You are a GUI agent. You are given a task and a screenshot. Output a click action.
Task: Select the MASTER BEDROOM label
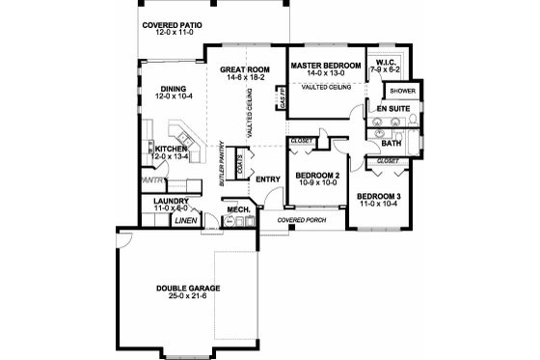pyautogui.click(x=327, y=65)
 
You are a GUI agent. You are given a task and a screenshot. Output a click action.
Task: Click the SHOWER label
pyautogui.click(x=401, y=92)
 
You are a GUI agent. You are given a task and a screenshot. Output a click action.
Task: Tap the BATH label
pyautogui.click(x=391, y=143)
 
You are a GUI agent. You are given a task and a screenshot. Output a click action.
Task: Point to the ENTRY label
pyautogui.click(x=267, y=179)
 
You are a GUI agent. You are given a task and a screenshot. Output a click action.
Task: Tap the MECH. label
pyautogui.click(x=238, y=209)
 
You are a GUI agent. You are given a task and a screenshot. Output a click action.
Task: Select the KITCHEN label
pyautogui.click(x=171, y=150)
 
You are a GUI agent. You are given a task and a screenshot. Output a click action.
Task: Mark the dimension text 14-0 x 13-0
pyautogui.click(x=327, y=73)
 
